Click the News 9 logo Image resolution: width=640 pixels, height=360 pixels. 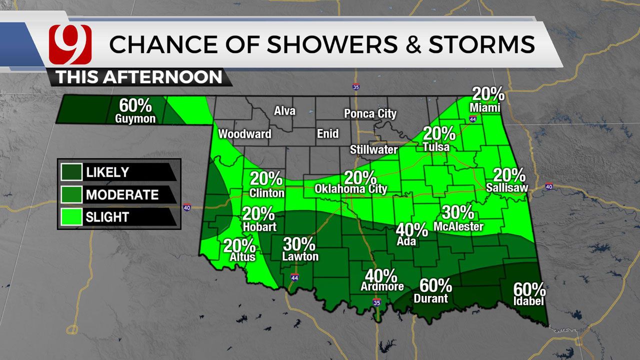(x=70, y=44)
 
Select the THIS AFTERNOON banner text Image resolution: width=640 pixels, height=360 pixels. (x=138, y=77)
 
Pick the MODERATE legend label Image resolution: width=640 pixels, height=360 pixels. (x=122, y=194)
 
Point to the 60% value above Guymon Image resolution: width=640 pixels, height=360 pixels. (x=135, y=105)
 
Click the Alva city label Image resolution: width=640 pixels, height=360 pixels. (x=284, y=111)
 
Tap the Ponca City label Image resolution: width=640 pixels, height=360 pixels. (x=370, y=114)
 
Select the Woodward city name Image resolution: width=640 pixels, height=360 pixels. (x=244, y=134)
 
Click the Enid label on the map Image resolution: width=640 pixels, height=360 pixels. (x=327, y=134)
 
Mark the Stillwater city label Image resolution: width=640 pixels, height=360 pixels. (x=373, y=149)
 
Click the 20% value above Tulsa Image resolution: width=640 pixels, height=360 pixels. (x=439, y=133)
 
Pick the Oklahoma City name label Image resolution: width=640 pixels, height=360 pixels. (x=350, y=189)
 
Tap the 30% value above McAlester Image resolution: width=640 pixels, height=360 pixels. (x=458, y=212)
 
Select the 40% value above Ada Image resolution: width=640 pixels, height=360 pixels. (x=411, y=229)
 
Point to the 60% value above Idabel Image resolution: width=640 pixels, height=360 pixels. (x=529, y=289)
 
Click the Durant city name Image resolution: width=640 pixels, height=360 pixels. (x=430, y=298)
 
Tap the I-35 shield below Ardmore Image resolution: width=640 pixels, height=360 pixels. (x=376, y=303)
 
